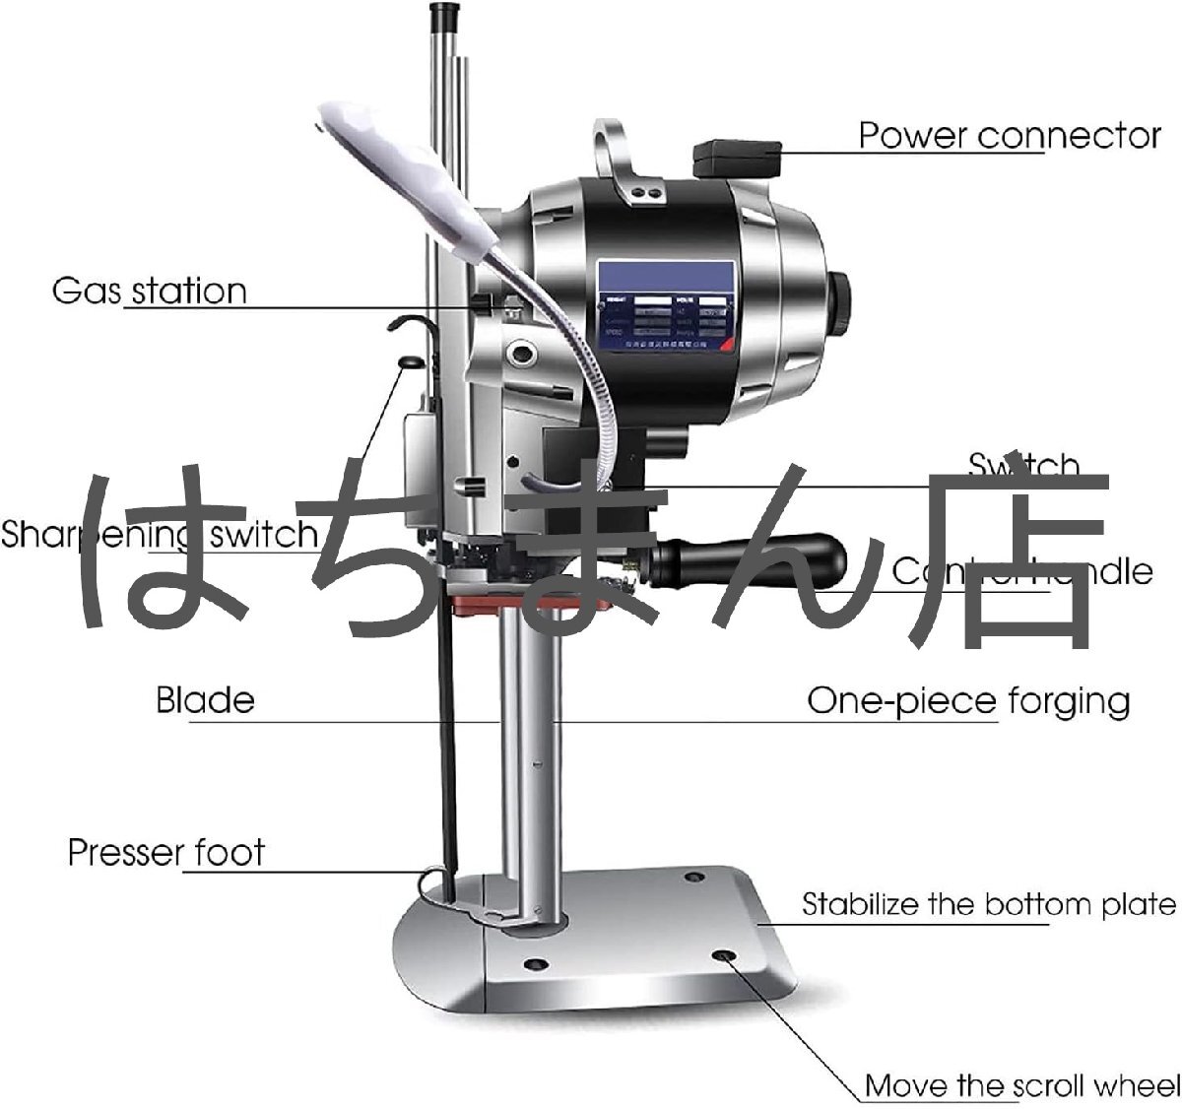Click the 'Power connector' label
click(1010, 135)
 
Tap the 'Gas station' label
click(149, 292)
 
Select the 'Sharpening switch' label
click(158, 535)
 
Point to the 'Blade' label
click(205, 700)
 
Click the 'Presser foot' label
click(165, 852)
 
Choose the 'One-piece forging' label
click(968, 701)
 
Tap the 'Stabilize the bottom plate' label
click(988, 904)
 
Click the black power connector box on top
click(737, 158)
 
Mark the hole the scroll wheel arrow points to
click(724, 956)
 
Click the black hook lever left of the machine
click(406, 325)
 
